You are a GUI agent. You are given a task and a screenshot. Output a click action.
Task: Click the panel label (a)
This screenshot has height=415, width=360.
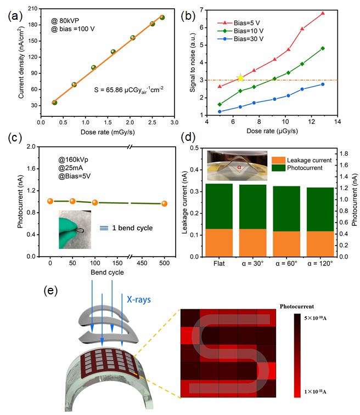tap(12, 14)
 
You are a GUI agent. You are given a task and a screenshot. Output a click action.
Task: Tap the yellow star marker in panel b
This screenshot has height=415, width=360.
tap(240, 78)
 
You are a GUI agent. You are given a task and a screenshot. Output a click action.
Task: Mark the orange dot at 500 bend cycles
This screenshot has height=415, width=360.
tap(164, 203)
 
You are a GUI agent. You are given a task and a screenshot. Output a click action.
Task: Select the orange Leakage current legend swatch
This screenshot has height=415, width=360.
tap(278, 160)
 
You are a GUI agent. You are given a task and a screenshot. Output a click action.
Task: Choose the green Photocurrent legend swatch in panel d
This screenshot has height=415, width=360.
tap(278, 169)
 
